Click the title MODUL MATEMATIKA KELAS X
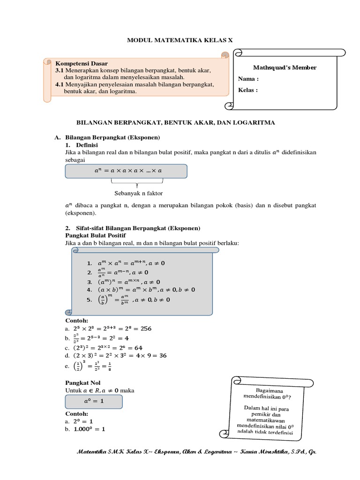pos(180,41)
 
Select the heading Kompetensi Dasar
pos(82,63)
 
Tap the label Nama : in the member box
pos(248,79)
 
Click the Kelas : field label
pos(248,90)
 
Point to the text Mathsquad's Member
pos(278,67)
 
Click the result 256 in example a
pos(146,329)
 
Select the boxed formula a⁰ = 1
pos(93,402)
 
